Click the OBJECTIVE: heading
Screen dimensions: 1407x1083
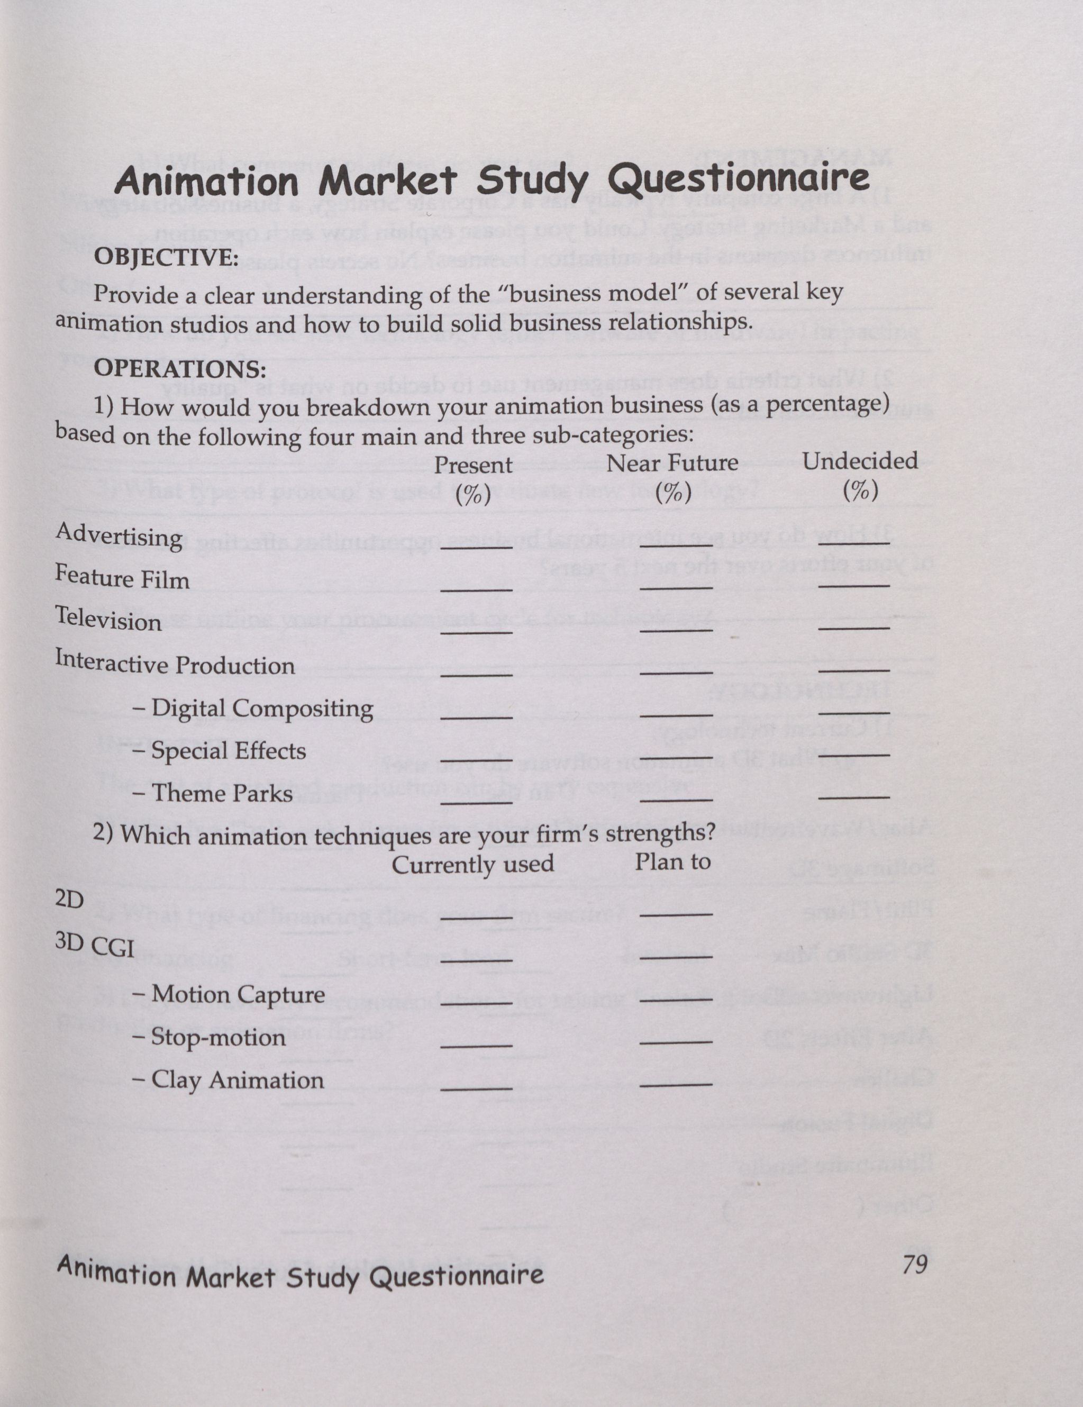pyautogui.click(x=166, y=258)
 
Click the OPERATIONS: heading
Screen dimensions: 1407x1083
pyautogui.click(x=180, y=369)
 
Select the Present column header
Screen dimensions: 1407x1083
pyautogui.click(x=473, y=465)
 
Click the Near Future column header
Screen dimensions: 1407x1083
pyautogui.click(x=672, y=463)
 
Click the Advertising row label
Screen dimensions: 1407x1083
pyautogui.click(x=119, y=535)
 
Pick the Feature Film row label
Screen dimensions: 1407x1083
pyautogui.click(x=122, y=577)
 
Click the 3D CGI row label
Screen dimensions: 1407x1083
pyautogui.click(x=94, y=946)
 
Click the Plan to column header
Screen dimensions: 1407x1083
pyautogui.click(x=672, y=862)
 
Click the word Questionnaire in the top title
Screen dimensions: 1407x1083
pyautogui.click(x=739, y=181)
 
